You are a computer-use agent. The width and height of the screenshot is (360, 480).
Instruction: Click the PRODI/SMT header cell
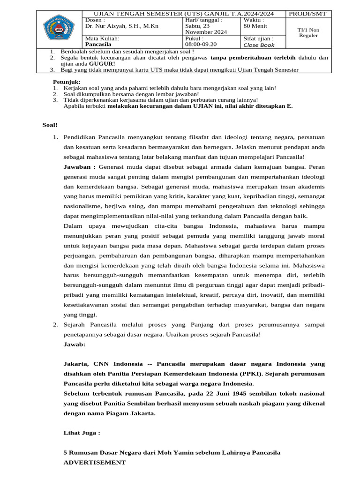[x=308, y=14]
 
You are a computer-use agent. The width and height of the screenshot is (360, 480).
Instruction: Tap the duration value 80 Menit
[x=256, y=26]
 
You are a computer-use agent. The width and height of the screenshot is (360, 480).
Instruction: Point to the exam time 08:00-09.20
[x=201, y=45]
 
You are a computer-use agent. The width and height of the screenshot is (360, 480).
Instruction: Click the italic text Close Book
[x=259, y=45]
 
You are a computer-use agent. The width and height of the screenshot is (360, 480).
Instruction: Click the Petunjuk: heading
[x=67, y=82]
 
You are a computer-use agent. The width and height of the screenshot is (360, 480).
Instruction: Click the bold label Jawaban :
[x=80, y=167]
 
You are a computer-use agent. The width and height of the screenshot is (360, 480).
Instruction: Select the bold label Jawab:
[x=75, y=344]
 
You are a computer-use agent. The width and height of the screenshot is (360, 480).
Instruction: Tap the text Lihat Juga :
[x=82, y=433]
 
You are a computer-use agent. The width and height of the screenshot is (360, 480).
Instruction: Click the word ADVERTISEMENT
[x=94, y=462]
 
